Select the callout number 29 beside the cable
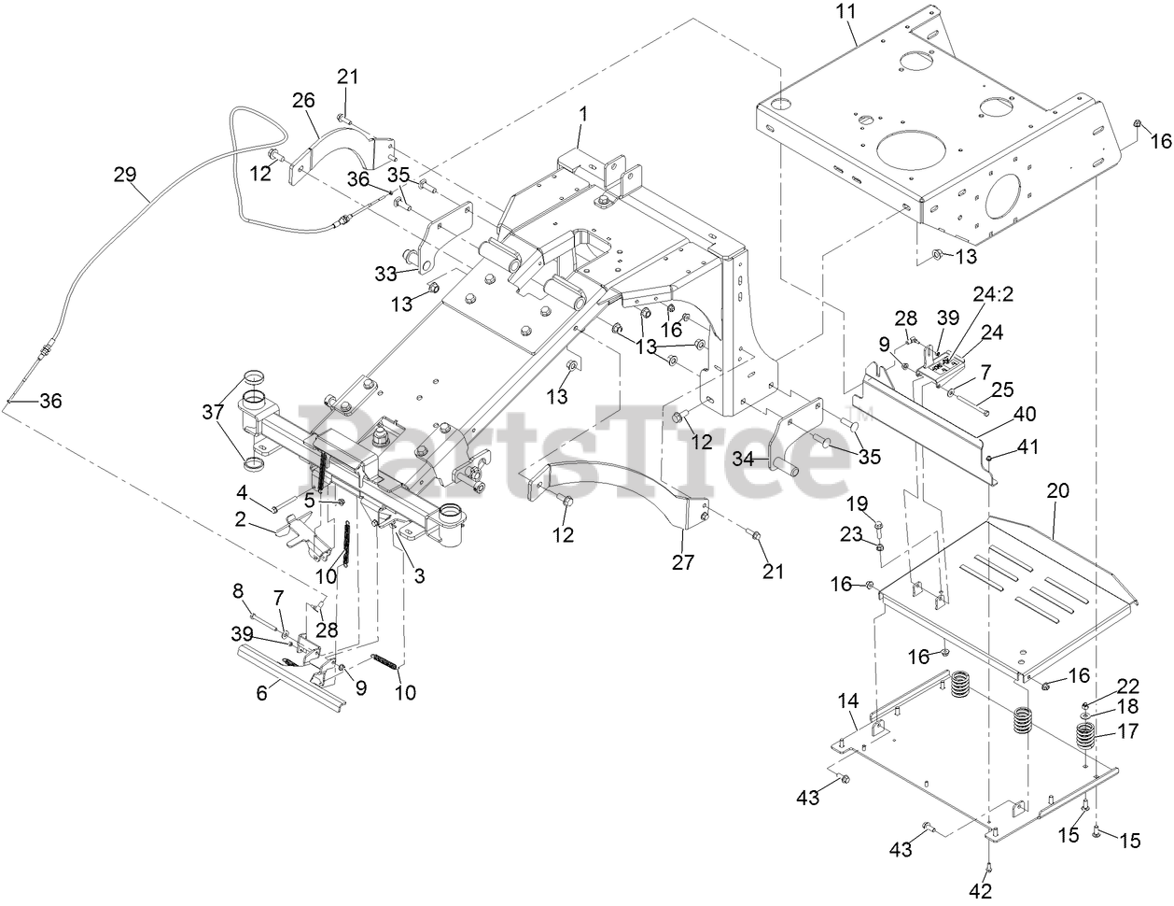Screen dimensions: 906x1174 [x=124, y=174]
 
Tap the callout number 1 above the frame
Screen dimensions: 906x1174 [x=582, y=113]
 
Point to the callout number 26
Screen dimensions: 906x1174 [x=303, y=100]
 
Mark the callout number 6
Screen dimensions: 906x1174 [x=262, y=692]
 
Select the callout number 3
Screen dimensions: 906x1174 [x=419, y=577]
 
